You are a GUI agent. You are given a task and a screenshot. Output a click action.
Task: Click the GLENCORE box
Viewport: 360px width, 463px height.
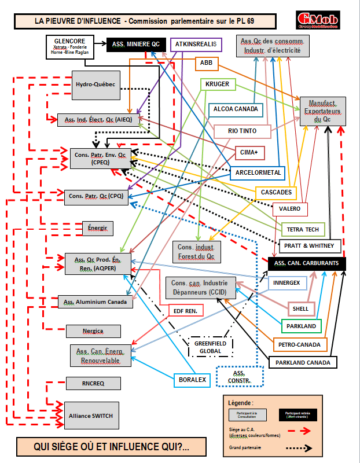(x=69, y=46)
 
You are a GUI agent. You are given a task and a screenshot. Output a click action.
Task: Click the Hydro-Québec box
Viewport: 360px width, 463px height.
(x=95, y=84)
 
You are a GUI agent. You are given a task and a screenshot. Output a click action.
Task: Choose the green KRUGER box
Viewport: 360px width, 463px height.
(x=218, y=84)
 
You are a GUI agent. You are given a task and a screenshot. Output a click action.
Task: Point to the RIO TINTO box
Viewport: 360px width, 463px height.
(x=243, y=131)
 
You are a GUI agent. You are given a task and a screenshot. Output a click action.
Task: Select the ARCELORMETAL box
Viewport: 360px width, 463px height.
(x=258, y=172)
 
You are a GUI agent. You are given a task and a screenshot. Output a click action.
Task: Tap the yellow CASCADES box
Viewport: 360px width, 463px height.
(x=275, y=192)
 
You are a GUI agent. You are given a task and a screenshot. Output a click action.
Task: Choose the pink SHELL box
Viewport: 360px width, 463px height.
(x=300, y=308)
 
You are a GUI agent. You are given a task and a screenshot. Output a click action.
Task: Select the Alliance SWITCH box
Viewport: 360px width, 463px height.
(x=91, y=416)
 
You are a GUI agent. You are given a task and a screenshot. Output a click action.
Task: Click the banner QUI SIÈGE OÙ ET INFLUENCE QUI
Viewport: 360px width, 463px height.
(x=112, y=446)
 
